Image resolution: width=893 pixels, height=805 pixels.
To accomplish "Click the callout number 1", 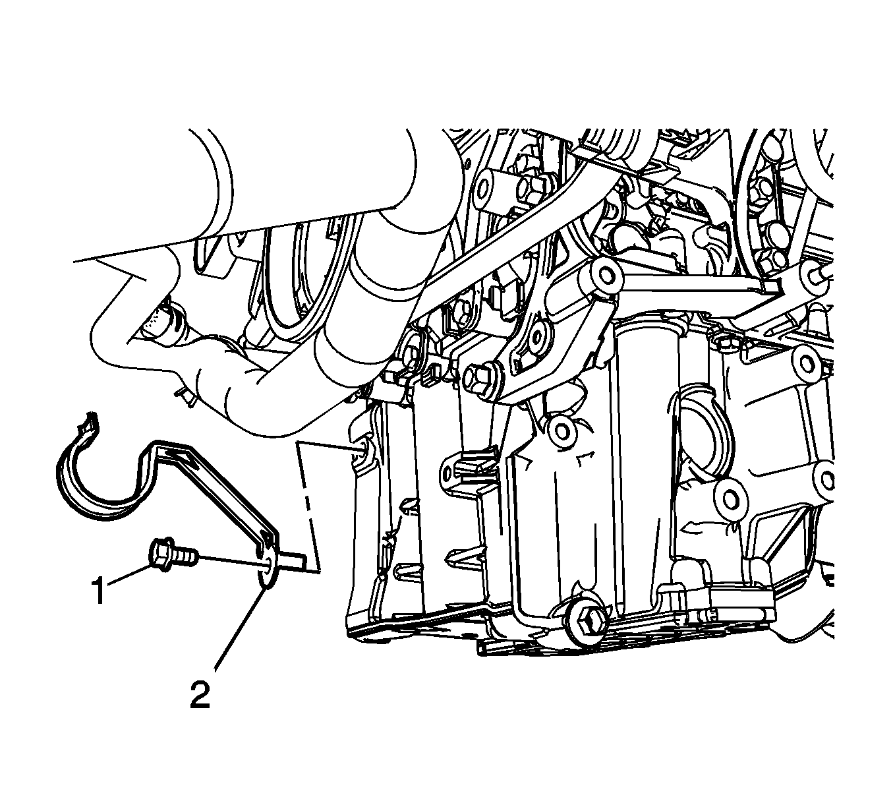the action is point(99,590).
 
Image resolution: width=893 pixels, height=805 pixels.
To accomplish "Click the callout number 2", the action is point(200,696).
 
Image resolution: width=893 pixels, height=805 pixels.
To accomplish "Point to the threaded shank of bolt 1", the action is point(185,557).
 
